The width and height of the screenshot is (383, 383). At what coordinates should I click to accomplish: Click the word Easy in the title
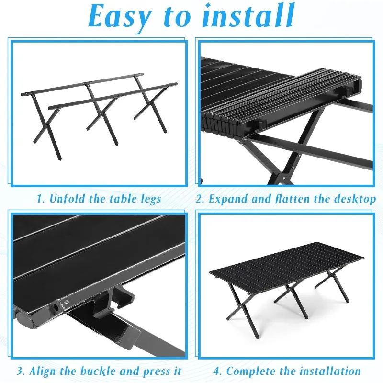click(x=118, y=17)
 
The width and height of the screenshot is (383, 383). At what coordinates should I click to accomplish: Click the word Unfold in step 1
click(x=67, y=199)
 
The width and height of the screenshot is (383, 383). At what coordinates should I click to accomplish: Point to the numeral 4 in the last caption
click(x=216, y=371)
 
